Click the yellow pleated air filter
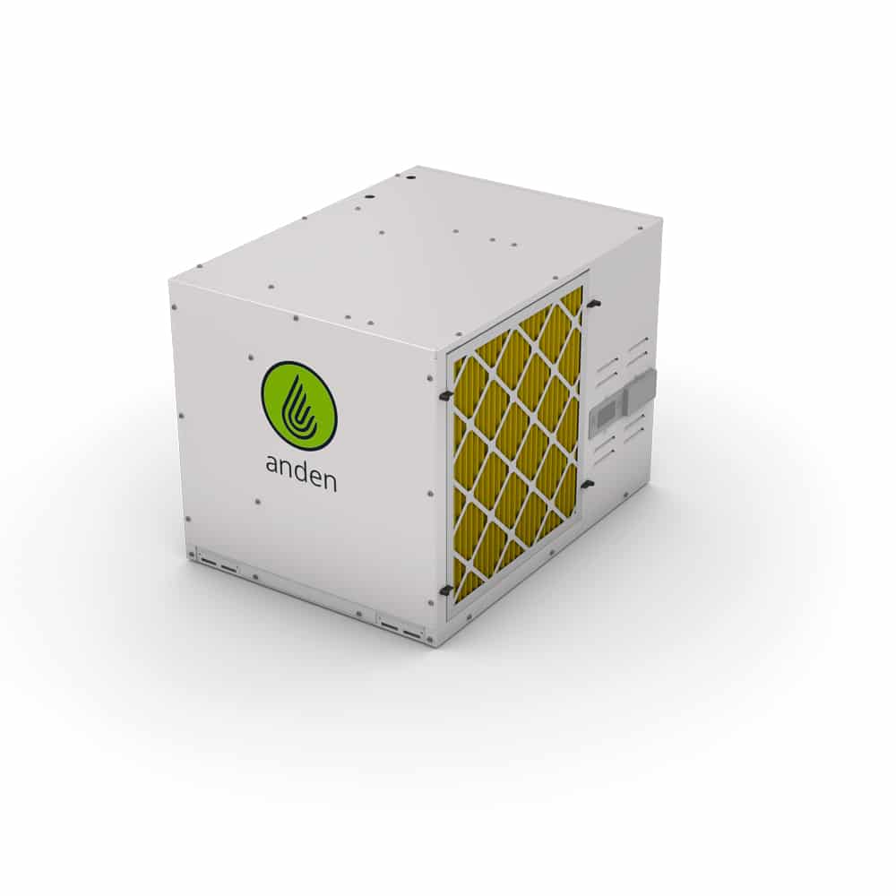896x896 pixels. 517,440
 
